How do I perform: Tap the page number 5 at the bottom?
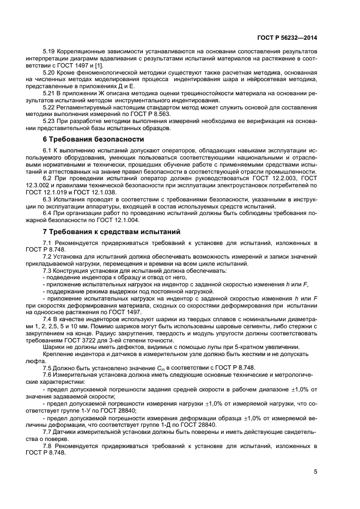point(315,471)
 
